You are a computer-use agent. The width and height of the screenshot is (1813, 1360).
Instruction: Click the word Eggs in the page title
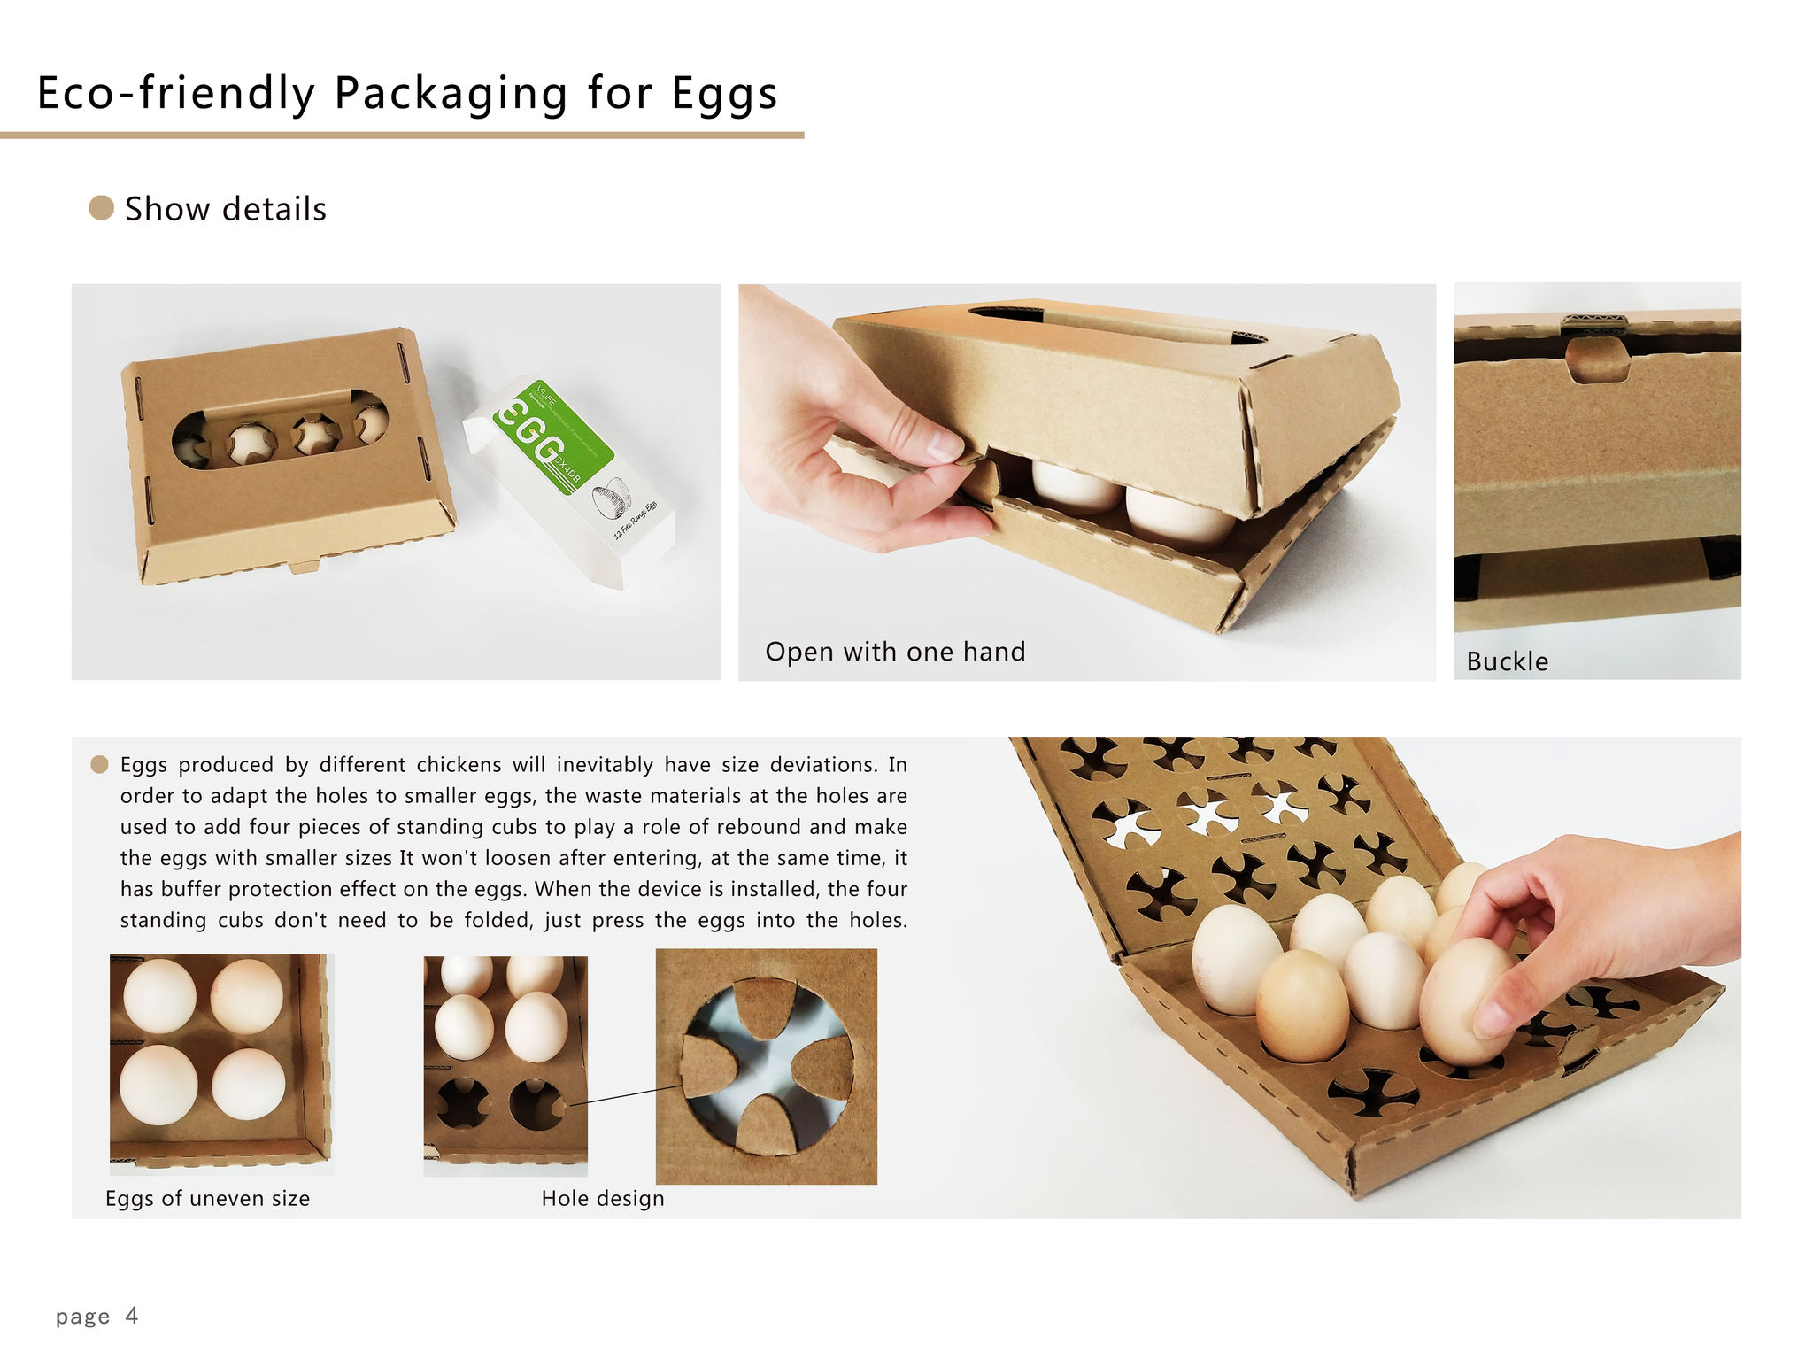pos(724,94)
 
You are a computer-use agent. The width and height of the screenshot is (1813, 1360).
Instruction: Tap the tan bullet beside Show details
pos(102,208)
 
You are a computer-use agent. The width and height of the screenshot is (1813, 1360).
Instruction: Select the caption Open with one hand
pos(895,652)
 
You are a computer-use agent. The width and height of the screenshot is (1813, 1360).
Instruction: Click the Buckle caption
pos(1507,661)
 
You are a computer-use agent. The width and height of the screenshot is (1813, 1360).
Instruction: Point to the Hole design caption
pos(603,1198)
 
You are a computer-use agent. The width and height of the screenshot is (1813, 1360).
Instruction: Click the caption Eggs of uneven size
pos(207,1198)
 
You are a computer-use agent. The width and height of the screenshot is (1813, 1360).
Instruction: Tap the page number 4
pos(131,1315)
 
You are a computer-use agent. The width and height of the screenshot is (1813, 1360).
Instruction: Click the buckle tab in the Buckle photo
pos(1597,359)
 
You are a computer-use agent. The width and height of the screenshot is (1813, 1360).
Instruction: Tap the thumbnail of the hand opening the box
pos(1086,482)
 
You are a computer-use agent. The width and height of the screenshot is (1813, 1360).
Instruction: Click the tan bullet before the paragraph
pos(99,764)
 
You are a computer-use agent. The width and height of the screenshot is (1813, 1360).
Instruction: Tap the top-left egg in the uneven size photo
pos(159,995)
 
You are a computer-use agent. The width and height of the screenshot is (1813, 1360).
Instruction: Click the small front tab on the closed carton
pos(305,565)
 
